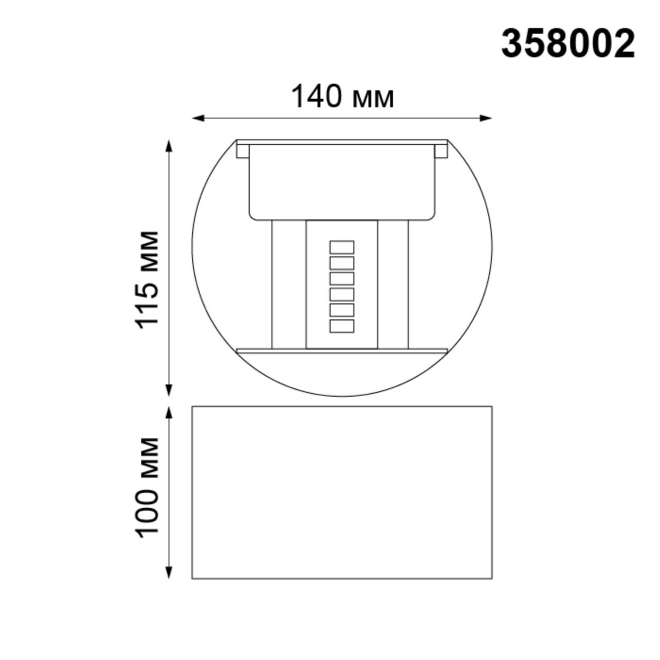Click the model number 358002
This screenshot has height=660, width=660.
point(568,44)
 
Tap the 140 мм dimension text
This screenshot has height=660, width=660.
point(342,97)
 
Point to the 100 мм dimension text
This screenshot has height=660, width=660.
point(148,487)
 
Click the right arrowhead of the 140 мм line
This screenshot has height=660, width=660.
point(486,118)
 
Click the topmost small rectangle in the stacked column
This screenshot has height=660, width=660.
point(342,246)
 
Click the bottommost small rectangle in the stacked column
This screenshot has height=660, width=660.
point(342,326)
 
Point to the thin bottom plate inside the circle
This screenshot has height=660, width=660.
point(342,350)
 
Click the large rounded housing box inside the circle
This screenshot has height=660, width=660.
point(342,182)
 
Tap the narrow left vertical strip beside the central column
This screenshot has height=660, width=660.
point(289,284)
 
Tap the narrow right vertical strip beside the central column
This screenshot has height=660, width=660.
point(393,284)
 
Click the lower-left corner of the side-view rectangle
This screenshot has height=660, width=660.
point(192,578)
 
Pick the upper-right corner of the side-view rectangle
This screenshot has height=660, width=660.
point(491,407)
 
